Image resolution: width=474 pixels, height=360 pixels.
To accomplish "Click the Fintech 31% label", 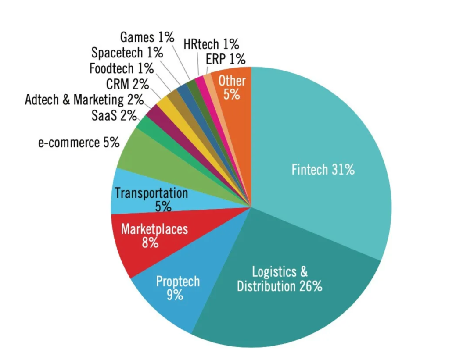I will pos(323,169).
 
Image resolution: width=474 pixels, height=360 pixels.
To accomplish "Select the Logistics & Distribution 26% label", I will pos(280,279).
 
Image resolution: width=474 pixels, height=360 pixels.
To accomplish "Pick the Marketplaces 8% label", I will pos(154,235).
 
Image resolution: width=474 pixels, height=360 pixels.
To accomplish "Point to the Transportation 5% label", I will pos(151,199).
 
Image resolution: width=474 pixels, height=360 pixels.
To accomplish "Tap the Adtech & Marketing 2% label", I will pos(84,100).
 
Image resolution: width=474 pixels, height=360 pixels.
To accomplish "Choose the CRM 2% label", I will pos(127,83).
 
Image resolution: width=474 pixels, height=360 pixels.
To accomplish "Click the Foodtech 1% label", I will pos(122,68).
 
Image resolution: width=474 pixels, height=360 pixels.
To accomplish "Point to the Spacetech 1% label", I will pos(127,53).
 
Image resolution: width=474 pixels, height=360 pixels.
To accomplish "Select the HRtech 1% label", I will pos(212,44).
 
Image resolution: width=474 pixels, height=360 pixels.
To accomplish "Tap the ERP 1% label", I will pos(226,59).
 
